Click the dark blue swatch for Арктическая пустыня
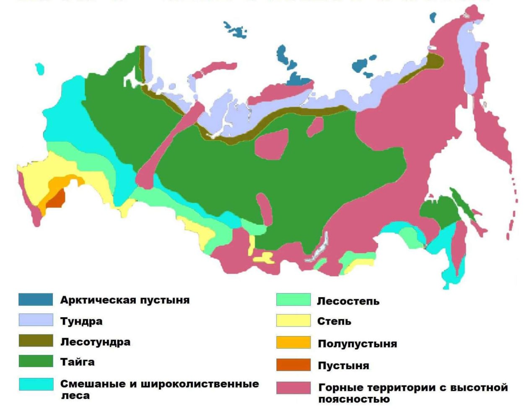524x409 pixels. pyautogui.click(x=36, y=300)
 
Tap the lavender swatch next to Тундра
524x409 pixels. pyautogui.click(x=36, y=320)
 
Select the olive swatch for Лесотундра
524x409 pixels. pyautogui.click(x=36, y=341)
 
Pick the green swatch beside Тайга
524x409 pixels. pyautogui.click(x=36, y=361)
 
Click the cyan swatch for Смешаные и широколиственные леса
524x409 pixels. pyautogui.click(x=36, y=384)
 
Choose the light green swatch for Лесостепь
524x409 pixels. pyautogui.click(x=293, y=300)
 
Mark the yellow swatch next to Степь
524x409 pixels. pyautogui.click(x=293, y=321)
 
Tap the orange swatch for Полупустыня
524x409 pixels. pyautogui.click(x=293, y=342)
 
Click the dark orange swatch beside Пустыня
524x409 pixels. pyautogui.click(x=293, y=365)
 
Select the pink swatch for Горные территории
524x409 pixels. pyautogui.click(x=293, y=388)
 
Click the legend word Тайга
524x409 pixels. pyautogui.click(x=78, y=362)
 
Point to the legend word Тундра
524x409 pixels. pyautogui.click(x=81, y=321)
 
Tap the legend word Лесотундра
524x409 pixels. pyautogui.click(x=95, y=342)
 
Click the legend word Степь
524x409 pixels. pyautogui.click(x=334, y=321)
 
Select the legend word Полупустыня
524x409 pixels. pyautogui.click(x=357, y=344)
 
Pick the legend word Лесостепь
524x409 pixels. pyautogui.click(x=348, y=301)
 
